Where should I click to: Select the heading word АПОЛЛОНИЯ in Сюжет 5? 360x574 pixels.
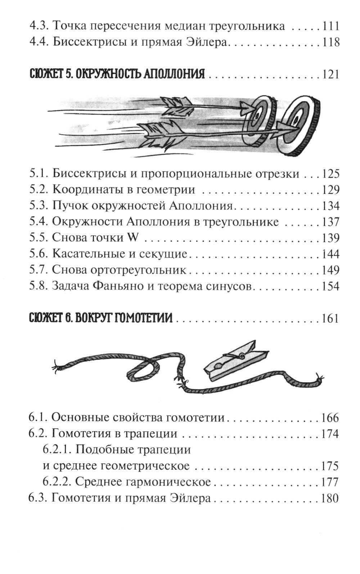coord(171,74)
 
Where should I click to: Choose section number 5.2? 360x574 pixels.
coord(39,190)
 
